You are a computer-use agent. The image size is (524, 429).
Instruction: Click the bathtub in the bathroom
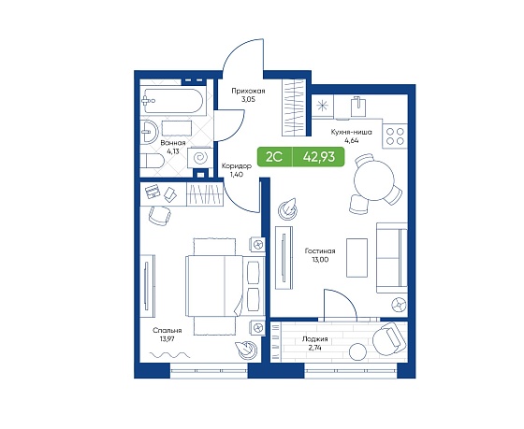point(171,101)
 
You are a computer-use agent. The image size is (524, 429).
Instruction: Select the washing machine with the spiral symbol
point(199,157)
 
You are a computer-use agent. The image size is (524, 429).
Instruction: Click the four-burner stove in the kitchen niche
point(395,136)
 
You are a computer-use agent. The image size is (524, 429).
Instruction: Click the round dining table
point(374,181)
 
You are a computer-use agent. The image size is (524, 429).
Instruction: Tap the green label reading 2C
point(274,156)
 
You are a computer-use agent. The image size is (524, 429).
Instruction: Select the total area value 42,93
point(319,156)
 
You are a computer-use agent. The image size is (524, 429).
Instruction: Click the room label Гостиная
point(320,250)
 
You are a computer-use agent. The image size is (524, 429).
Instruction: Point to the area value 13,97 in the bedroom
point(167,339)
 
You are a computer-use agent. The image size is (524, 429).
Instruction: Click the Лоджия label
point(314,339)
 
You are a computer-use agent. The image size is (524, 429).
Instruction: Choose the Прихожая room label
point(248,91)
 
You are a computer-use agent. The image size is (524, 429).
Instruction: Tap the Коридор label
point(237,166)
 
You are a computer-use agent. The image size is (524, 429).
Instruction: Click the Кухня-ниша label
point(351,132)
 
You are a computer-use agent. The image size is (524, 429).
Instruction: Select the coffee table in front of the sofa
point(357,257)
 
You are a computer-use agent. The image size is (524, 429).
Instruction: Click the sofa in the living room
point(392,258)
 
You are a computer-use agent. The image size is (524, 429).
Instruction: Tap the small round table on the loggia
point(357,352)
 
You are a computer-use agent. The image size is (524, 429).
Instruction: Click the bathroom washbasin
point(149,132)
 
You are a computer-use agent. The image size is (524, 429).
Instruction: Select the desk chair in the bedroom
point(160,215)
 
